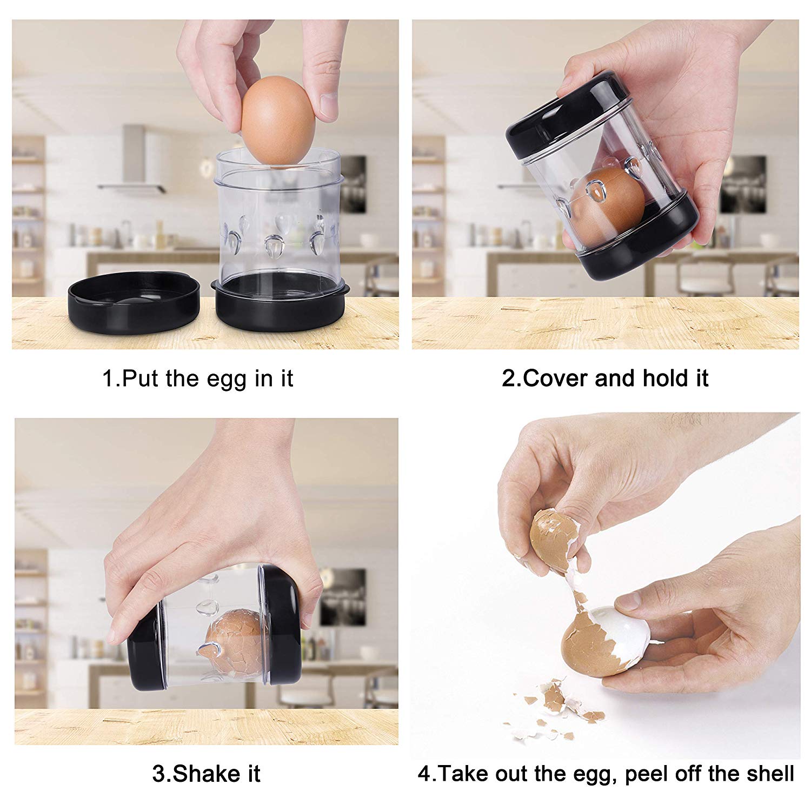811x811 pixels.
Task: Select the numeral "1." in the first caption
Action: [111, 378]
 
